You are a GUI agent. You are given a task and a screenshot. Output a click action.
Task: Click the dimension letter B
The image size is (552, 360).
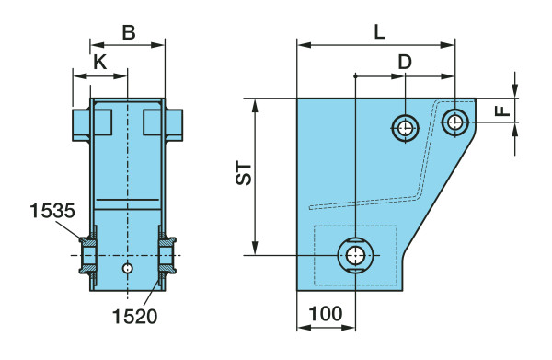pyautogui.click(x=129, y=32)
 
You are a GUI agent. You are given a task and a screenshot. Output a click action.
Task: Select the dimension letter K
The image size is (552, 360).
pyautogui.click(x=99, y=63)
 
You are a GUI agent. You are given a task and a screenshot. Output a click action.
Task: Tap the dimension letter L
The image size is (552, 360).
pyautogui.click(x=379, y=32)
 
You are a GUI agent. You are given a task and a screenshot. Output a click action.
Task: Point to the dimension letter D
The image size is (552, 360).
pyautogui.click(x=405, y=62)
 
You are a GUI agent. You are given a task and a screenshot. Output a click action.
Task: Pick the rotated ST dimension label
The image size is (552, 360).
pyautogui.click(x=244, y=173)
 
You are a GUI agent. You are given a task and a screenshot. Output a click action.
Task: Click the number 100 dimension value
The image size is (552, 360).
pyautogui.click(x=326, y=313)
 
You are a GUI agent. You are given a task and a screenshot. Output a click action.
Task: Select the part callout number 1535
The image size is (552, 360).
pyautogui.click(x=52, y=211)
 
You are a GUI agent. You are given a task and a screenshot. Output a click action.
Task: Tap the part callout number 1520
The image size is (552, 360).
pyautogui.click(x=135, y=317)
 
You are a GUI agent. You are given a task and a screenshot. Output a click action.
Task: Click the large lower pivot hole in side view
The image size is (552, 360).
pyautogui.click(x=355, y=255)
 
